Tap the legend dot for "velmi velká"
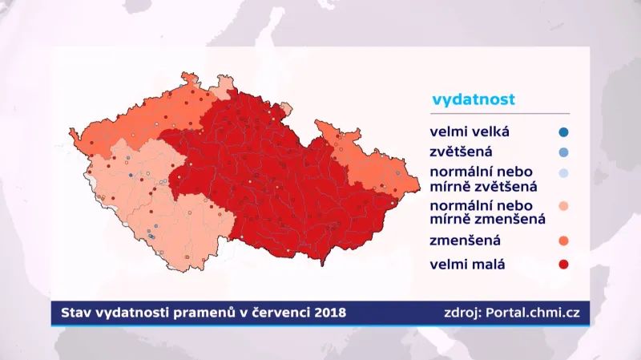tap(564, 131)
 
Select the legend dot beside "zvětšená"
tap(564, 152)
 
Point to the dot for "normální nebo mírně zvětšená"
tap(564, 174)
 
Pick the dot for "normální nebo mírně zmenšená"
tap(564, 207)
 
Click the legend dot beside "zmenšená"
tap(564, 241)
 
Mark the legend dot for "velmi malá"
tap(564, 264)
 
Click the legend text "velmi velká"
tap(470, 131)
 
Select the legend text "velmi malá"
tap(468, 264)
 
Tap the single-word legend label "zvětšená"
tap(461, 152)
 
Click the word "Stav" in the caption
tap(75, 312)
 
